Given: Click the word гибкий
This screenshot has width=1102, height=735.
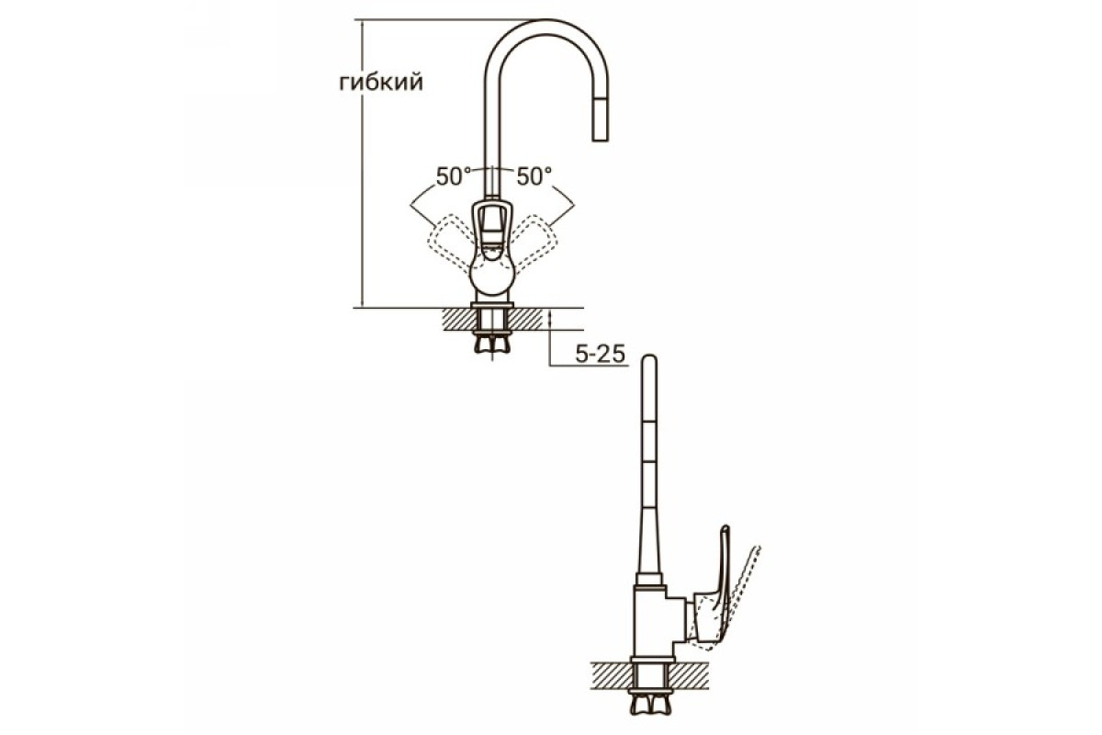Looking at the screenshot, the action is [x=381, y=83].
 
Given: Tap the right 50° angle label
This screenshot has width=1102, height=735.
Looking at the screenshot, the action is [x=534, y=176].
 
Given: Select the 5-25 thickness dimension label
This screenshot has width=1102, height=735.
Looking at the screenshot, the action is [x=601, y=354].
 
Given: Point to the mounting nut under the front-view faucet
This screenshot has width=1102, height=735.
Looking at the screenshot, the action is [x=492, y=344].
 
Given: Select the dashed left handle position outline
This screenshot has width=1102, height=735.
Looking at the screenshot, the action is [x=450, y=243].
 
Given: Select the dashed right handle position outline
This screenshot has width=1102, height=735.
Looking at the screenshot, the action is [x=534, y=243].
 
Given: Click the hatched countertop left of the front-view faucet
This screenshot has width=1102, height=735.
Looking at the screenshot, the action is [x=457, y=319].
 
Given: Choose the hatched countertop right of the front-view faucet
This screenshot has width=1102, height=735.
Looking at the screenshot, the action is [x=528, y=319].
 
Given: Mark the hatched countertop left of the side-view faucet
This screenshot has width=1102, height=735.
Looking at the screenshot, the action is [x=611, y=675].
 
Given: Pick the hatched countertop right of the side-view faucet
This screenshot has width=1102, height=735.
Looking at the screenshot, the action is [x=690, y=675].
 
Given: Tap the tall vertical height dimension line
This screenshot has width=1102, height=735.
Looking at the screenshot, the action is [x=363, y=164].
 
